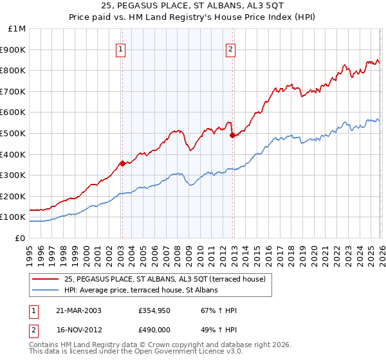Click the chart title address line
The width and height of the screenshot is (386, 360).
192,6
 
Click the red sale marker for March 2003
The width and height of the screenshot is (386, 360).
122,163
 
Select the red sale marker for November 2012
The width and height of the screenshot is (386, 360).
232,135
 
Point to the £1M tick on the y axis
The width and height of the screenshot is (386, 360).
17,29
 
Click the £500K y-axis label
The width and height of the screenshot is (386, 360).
14,134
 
